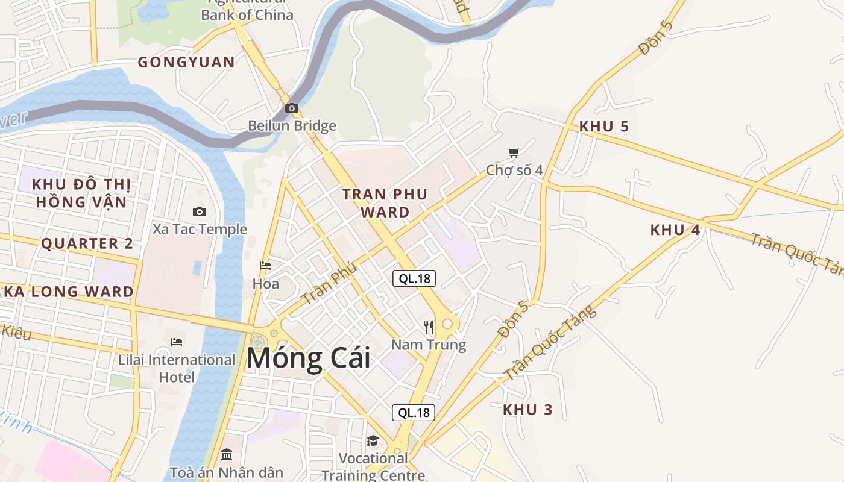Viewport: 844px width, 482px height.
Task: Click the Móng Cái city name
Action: pyautogui.click(x=308, y=358)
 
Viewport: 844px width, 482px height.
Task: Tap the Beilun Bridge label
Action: pyautogui.click(x=292, y=126)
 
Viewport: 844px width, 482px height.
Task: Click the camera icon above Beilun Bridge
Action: pyautogui.click(x=292, y=108)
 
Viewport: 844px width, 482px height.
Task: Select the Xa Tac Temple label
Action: pyautogui.click(x=200, y=229)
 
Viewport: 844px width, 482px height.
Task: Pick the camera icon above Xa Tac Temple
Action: pyautogui.click(x=200, y=211)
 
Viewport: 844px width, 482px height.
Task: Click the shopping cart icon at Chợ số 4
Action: pyautogui.click(x=514, y=153)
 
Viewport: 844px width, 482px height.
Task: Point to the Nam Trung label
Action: pyautogui.click(x=429, y=345)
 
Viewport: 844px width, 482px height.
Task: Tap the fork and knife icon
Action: pyautogui.click(x=429, y=327)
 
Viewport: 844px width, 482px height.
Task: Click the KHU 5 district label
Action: pyautogui.click(x=603, y=127)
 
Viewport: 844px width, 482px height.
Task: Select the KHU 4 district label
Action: pyautogui.click(x=675, y=230)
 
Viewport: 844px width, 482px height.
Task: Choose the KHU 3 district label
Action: pyautogui.click(x=528, y=410)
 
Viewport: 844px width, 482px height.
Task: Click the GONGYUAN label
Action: pyautogui.click(x=186, y=62)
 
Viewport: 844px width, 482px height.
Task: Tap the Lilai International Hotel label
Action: pyautogui.click(x=177, y=368)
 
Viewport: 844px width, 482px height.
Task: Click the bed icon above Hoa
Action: pyautogui.click(x=265, y=266)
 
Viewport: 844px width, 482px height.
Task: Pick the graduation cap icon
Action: pyautogui.click(x=373, y=441)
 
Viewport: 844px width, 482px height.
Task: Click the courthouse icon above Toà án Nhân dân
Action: pyautogui.click(x=227, y=454)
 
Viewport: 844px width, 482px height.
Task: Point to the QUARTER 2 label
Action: pyautogui.click(x=87, y=243)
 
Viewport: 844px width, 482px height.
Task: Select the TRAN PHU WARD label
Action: pyautogui.click(x=385, y=202)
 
